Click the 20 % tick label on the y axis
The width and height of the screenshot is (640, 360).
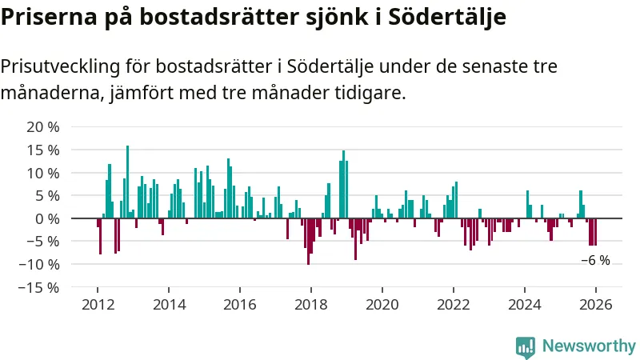point(43,127)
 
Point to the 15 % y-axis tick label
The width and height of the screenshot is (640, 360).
point(43,150)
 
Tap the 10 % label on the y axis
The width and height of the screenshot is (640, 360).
point(43,173)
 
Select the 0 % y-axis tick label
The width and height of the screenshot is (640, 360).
point(47,218)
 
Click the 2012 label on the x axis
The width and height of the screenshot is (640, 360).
point(98,305)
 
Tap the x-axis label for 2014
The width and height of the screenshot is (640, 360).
point(169,305)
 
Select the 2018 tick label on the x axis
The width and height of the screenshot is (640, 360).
point(311,305)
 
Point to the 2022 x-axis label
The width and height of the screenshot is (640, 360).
point(454,305)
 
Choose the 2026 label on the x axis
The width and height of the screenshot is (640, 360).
point(596,305)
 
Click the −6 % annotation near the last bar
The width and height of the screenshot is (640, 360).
point(595,260)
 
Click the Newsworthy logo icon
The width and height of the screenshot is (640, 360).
point(526,346)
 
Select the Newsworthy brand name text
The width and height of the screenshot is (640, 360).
point(589,346)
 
